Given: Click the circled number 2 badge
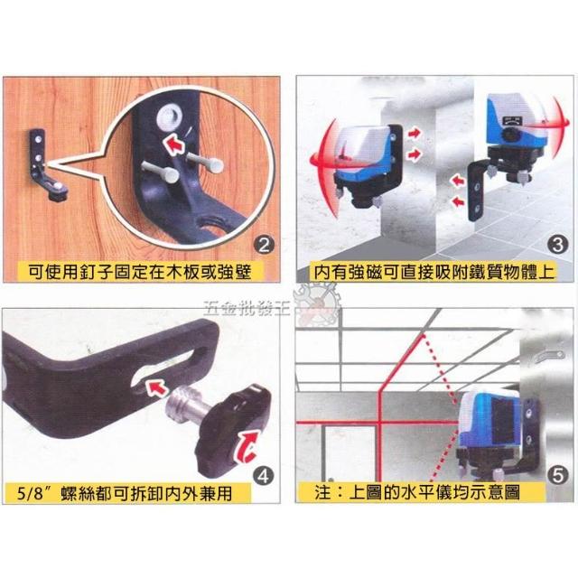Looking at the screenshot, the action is coord(264,245).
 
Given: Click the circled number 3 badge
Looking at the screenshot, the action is coord(557,245).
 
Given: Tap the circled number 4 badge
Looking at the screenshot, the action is coord(263,476).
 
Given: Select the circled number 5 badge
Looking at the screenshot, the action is coord(558,476).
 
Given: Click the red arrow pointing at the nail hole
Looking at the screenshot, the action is coord(174,144).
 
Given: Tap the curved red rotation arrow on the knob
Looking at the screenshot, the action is coord(247,446).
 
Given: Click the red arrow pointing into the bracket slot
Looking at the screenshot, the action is coord(156,389).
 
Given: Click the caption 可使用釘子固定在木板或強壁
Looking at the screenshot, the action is coord(140,272).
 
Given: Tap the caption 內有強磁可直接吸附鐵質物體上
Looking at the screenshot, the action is coord(434,272).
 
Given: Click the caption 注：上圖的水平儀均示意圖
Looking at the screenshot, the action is coord(417,492).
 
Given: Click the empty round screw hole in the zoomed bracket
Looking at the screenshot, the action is coord(169,117).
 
